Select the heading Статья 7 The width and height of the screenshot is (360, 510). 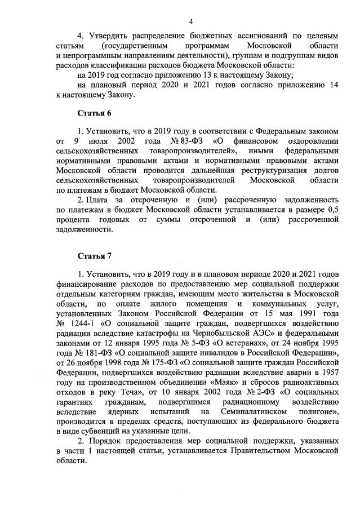pos(94,255)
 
